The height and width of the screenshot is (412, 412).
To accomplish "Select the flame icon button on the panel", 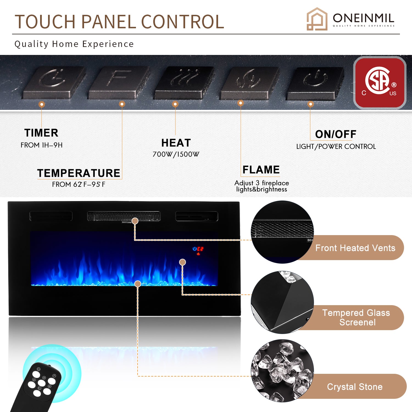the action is [249, 82].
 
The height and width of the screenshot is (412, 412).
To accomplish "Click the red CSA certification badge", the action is [380, 83].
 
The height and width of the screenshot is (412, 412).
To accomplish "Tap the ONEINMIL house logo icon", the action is [317, 19].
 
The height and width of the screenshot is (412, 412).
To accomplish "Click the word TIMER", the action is [41, 133].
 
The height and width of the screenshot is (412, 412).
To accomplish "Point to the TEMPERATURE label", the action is [79, 173].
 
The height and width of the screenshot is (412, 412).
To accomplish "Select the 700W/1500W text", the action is [176, 154].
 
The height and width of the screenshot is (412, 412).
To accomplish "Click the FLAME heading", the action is [261, 170].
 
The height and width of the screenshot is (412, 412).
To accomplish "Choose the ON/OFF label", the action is [336, 134].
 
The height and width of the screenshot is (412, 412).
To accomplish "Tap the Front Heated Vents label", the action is [355, 248].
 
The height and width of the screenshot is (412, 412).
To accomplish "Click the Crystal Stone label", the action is [355, 387].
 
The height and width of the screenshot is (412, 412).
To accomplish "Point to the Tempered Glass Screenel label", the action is [357, 318].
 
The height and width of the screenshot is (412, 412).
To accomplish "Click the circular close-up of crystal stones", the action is [282, 371].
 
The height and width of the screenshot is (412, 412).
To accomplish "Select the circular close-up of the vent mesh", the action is [282, 232].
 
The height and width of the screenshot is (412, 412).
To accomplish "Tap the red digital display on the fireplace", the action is [200, 249].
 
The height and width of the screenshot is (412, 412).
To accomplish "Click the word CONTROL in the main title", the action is [183, 22].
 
